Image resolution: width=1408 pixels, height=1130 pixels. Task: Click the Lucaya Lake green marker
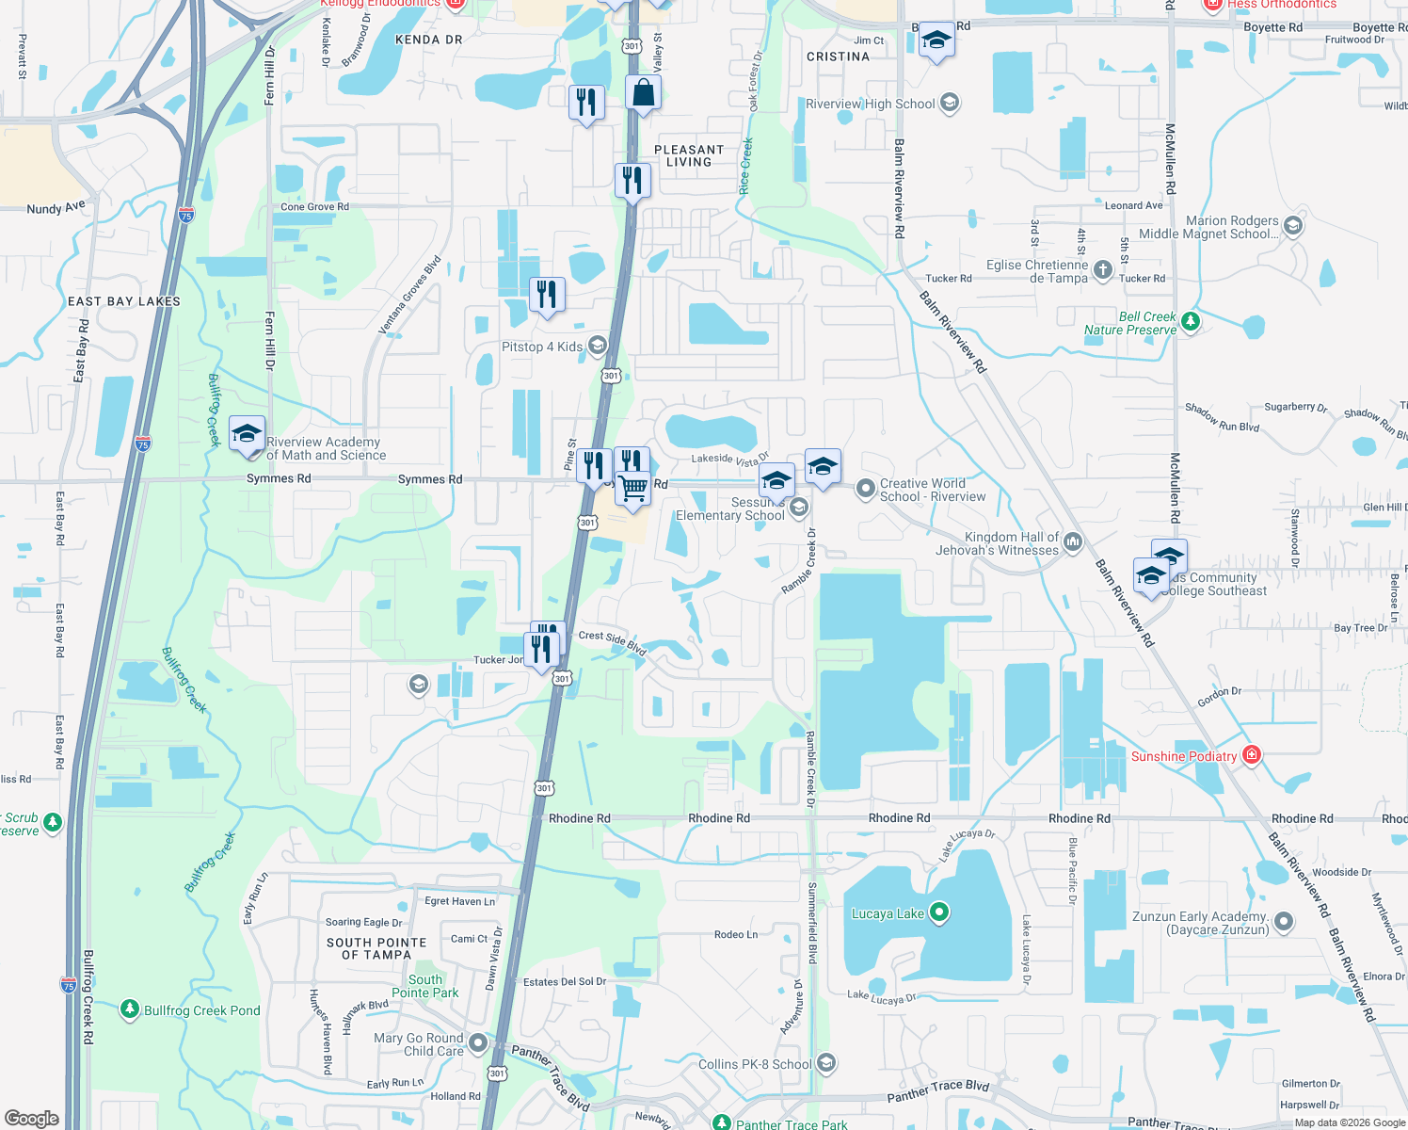tap(938, 912)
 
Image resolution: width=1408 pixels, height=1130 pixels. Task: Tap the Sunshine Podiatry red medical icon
tap(1251, 755)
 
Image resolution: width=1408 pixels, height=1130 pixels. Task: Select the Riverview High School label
tap(871, 104)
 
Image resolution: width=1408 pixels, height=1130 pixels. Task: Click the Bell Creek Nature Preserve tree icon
tap(1190, 322)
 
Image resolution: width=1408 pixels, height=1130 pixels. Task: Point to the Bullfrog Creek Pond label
tap(201, 1010)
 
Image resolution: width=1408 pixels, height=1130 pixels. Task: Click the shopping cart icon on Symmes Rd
tap(633, 489)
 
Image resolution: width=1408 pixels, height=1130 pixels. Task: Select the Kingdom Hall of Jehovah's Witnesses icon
tap(1073, 542)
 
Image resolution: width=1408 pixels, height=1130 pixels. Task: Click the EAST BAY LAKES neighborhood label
tap(124, 301)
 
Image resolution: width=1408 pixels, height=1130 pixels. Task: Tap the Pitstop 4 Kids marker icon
tap(597, 346)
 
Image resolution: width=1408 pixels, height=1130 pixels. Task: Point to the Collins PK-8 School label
tap(755, 1064)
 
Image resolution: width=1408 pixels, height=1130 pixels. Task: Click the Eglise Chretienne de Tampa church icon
tap(1103, 271)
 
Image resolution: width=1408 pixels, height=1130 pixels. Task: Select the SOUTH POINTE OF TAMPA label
tap(376, 948)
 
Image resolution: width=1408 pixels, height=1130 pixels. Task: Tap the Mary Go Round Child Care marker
tap(478, 1043)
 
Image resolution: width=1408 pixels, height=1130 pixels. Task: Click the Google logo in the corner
tap(31, 1118)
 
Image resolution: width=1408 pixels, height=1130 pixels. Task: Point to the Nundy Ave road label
tap(56, 208)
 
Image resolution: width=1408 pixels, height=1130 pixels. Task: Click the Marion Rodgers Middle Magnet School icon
tap(1292, 226)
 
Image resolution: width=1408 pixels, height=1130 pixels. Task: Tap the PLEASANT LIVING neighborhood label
tap(689, 155)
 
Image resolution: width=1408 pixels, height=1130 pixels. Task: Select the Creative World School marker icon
tap(865, 489)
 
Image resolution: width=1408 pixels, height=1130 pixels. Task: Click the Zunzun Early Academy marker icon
tap(1283, 923)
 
